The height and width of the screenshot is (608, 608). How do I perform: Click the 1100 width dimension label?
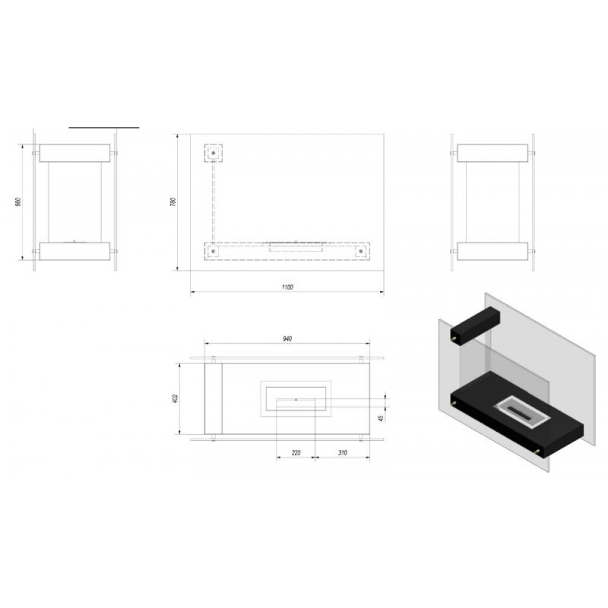[x=287, y=287]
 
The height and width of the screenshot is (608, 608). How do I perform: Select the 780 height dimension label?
[x=173, y=202]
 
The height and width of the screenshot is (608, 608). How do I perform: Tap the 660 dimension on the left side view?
[x=18, y=202]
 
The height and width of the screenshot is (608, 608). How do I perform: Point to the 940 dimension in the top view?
[x=287, y=339]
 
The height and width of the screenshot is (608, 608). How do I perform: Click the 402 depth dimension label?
[x=175, y=399]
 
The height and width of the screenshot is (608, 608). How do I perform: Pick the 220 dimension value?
[x=296, y=452]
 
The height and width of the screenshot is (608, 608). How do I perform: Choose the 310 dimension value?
[x=342, y=452]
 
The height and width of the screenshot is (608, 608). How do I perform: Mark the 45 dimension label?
[x=381, y=418]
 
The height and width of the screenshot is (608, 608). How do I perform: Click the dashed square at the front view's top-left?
[x=213, y=154]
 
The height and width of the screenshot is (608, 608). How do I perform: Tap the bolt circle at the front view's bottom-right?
[x=361, y=251]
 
